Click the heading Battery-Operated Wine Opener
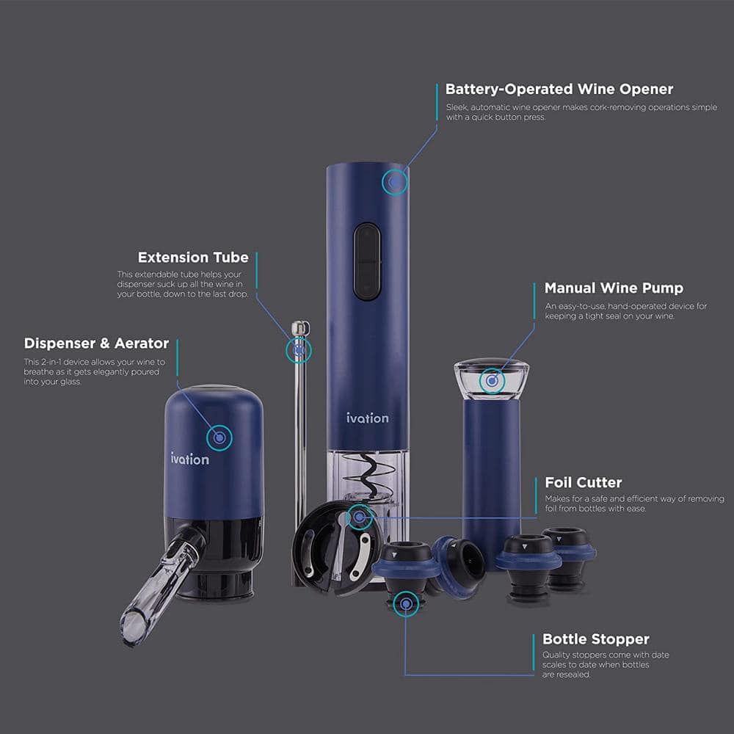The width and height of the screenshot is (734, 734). [x=559, y=90]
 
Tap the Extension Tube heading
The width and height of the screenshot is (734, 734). [x=193, y=258]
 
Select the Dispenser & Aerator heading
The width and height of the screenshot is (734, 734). [x=96, y=344]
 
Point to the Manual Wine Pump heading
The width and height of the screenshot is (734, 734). [x=614, y=288]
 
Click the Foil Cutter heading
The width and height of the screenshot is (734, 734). [x=583, y=482]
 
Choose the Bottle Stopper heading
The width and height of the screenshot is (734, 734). [x=595, y=639]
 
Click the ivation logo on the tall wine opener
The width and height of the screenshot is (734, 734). [x=368, y=418]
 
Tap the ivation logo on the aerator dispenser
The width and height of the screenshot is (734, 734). [x=189, y=459]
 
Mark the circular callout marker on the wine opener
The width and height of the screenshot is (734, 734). [x=396, y=181]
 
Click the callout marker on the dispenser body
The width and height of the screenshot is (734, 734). [x=219, y=438]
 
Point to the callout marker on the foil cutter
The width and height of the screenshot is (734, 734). [x=359, y=517]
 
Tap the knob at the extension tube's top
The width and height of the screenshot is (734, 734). [x=298, y=327]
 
